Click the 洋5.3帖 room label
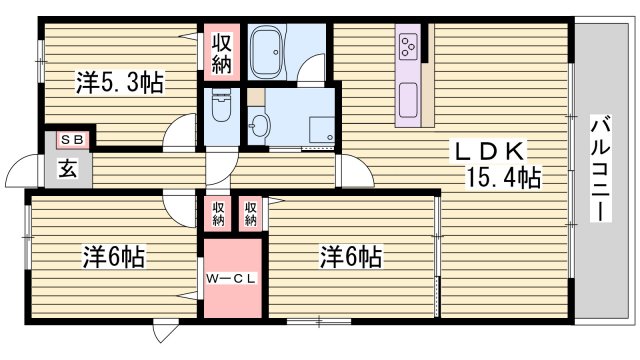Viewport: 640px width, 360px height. [x=118, y=82]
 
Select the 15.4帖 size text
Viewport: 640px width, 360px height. [x=503, y=179]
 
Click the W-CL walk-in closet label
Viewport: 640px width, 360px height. [x=232, y=278]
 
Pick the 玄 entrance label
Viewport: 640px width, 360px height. [x=66, y=168]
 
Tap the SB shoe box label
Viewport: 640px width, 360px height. [x=71, y=140]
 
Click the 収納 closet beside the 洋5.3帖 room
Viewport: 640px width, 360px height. [x=221, y=54]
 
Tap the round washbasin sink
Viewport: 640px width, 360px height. [x=260, y=125]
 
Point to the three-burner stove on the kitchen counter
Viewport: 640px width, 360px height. [x=408, y=45]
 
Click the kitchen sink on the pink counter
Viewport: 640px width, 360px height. [x=408, y=98]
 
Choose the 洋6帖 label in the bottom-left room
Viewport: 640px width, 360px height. [x=113, y=257]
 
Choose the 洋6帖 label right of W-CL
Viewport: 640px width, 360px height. [x=350, y=257]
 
